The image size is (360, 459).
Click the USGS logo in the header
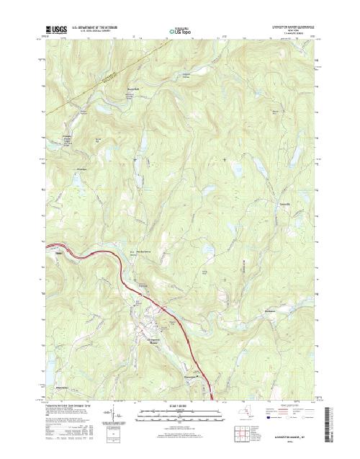(x=55, y=31)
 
